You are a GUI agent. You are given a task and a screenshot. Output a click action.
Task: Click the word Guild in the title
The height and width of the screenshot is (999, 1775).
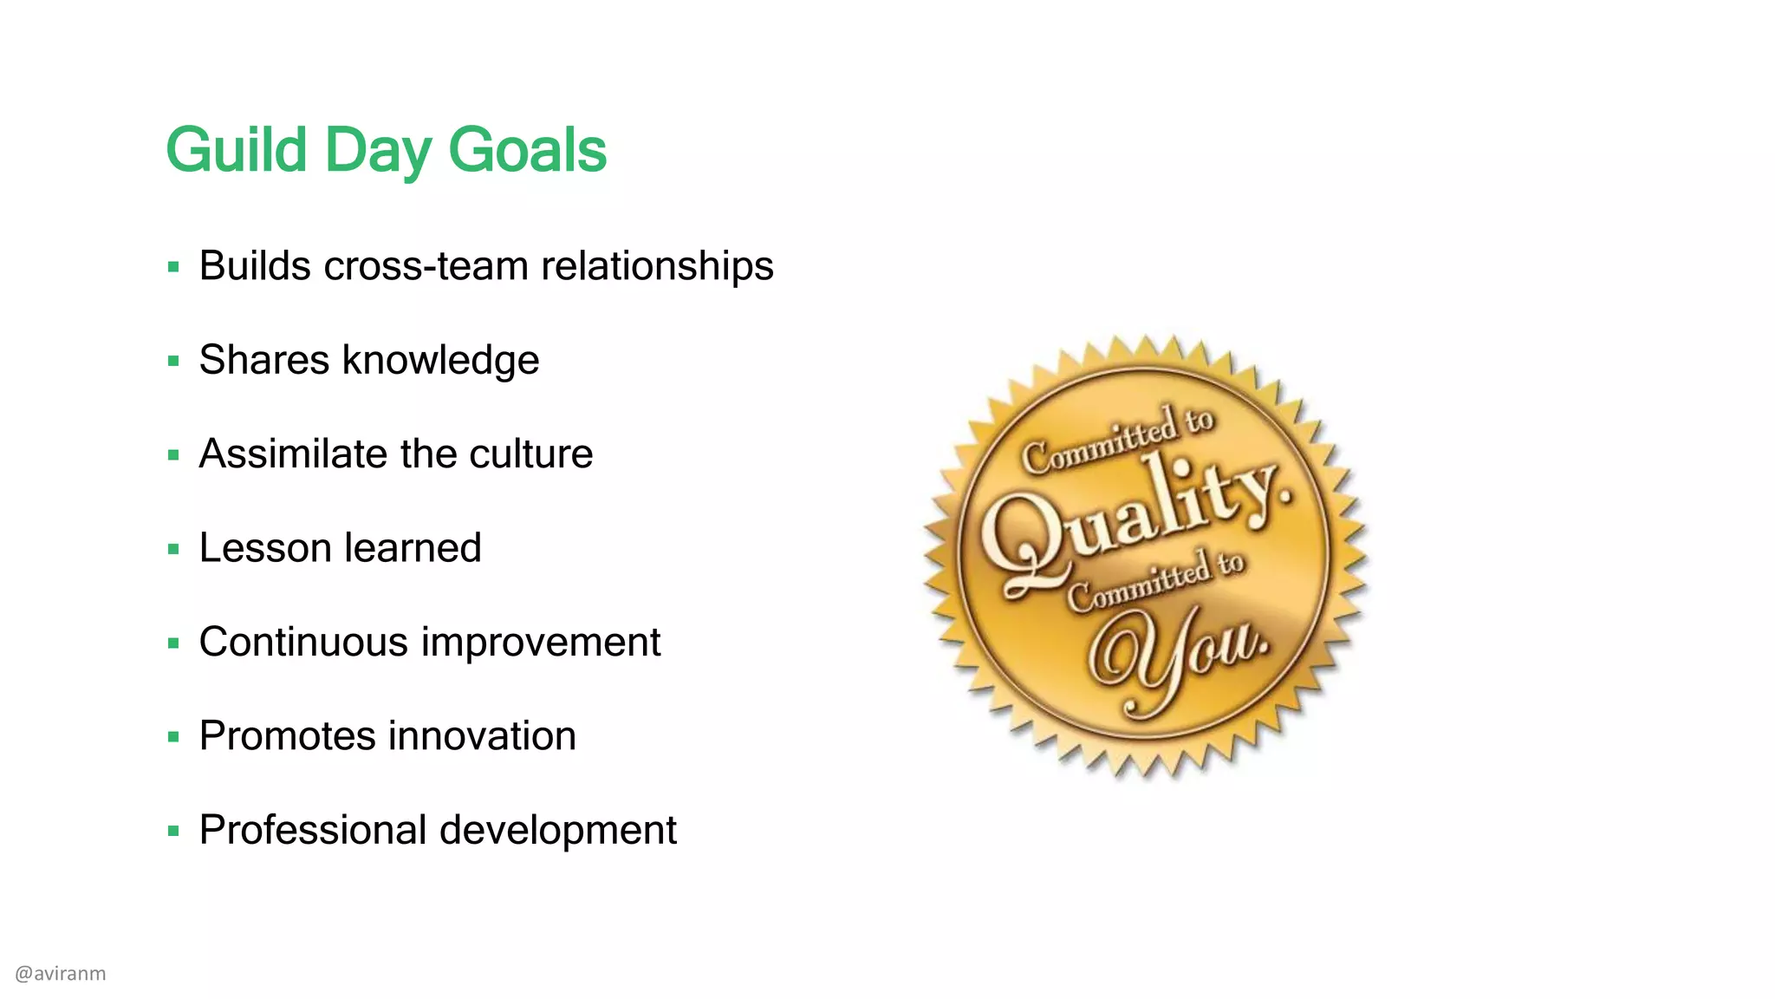pos(236,151)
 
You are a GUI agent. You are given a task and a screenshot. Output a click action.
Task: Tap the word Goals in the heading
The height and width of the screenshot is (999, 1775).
pos(527,151)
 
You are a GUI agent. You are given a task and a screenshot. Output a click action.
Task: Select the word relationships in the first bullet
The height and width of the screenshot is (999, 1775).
pos(657,265)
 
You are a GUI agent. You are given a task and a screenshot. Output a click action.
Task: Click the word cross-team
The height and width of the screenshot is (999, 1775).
pos(426,265)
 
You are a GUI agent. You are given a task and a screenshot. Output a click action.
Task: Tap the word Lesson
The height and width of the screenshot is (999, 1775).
pos(265,548)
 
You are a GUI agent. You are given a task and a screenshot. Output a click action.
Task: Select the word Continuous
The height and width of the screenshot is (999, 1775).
pos(303,642)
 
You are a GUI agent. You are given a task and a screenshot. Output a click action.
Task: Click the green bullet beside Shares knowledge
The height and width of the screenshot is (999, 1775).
pos(173,361)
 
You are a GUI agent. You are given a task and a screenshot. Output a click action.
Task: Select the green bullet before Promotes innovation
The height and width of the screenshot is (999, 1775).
pos(173,737)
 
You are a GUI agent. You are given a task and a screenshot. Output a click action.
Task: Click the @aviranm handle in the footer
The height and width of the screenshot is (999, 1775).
pos(61,973)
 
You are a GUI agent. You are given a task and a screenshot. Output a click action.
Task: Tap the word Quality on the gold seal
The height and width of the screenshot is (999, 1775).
pos(1135,520)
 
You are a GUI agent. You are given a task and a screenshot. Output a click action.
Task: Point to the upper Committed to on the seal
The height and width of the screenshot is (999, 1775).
pos(1118,441)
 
